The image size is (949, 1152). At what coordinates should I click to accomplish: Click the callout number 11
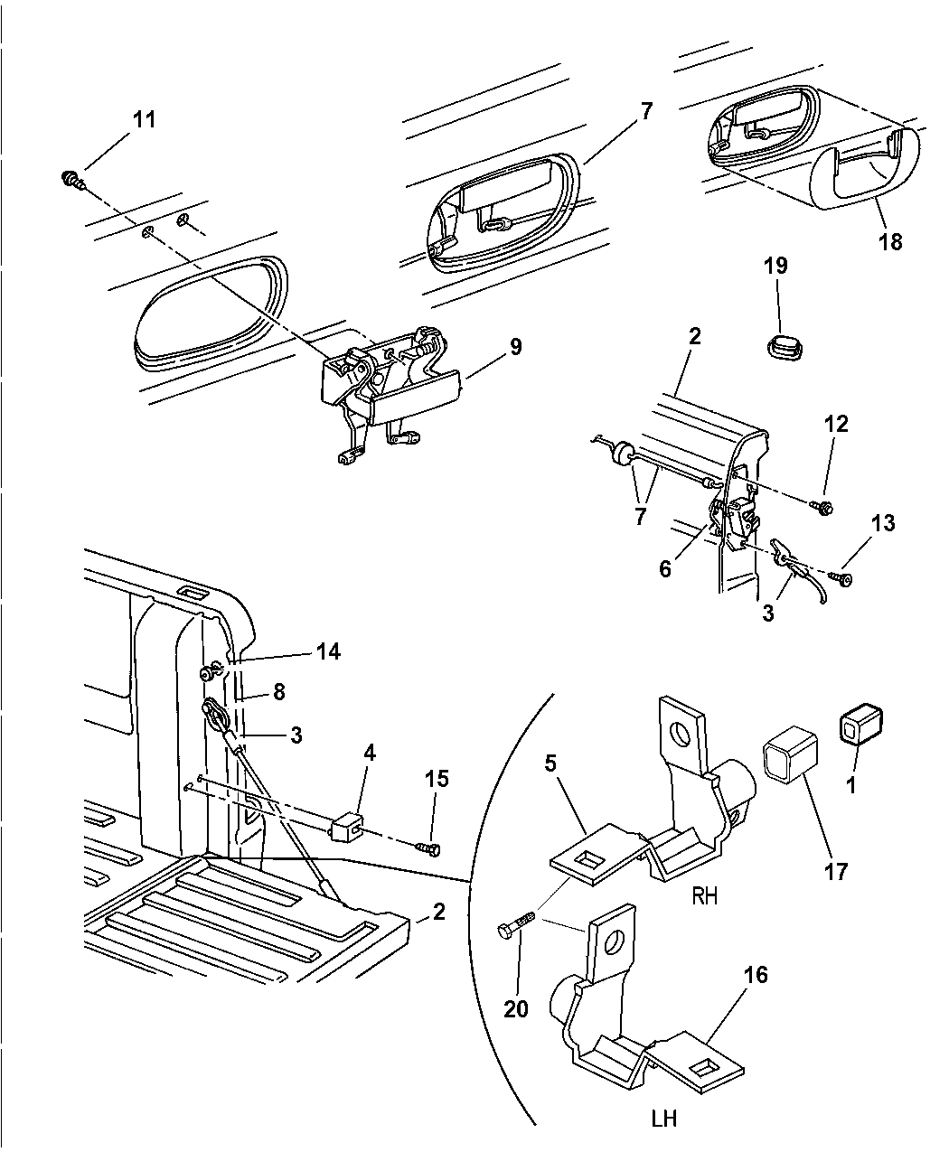point(145,119)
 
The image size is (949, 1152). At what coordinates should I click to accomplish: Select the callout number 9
point(514,347)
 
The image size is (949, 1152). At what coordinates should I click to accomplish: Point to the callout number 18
point(890,242)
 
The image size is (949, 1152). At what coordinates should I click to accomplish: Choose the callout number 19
point(775,266)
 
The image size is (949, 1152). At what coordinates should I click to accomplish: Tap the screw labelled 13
point(844,578)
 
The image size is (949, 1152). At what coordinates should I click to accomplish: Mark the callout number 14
point(328,651)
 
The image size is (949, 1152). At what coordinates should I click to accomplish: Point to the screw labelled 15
point(428,848)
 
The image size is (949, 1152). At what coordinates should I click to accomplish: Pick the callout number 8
point(277,693)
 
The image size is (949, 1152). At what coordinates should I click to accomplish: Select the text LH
point(663,1119)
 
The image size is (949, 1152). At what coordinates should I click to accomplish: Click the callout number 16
point(756,976)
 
